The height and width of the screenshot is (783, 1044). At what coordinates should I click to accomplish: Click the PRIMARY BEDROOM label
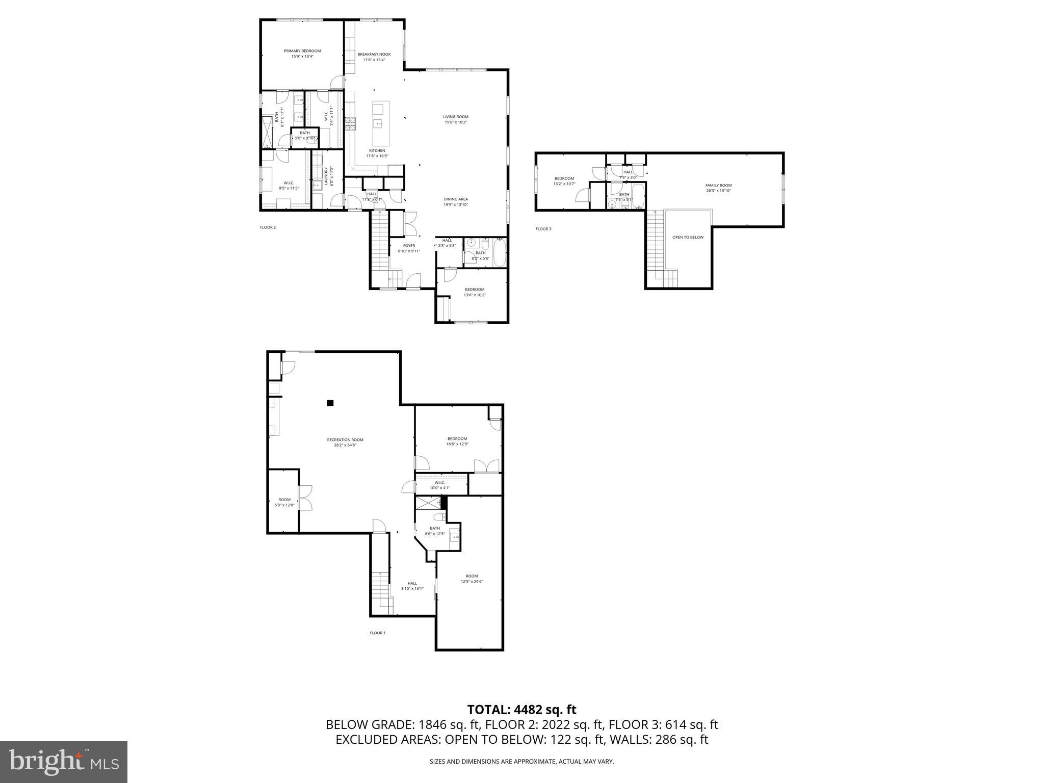302,51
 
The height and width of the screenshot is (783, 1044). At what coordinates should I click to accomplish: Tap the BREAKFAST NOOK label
374,54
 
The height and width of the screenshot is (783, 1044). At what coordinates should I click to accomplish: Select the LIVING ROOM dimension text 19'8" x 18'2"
455,122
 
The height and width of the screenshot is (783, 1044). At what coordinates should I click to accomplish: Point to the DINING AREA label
455,199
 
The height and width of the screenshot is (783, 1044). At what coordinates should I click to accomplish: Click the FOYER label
409,246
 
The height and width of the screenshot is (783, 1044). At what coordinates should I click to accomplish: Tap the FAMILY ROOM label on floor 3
718,185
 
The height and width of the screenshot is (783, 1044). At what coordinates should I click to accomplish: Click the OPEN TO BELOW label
688,237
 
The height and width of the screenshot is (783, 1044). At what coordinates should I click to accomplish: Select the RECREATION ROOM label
345,439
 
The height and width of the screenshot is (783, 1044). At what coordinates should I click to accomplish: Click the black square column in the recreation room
330,403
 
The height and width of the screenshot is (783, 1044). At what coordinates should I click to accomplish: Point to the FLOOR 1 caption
377,633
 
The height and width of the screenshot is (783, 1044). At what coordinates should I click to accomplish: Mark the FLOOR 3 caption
543,229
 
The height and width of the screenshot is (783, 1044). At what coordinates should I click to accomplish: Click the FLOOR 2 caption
268,227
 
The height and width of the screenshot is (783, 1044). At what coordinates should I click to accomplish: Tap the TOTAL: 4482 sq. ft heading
521,710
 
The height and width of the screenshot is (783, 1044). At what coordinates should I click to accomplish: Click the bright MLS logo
64,762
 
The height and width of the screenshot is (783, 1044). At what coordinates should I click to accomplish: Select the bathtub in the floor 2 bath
500,253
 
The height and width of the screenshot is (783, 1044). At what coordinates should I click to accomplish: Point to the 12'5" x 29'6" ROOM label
472,576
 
